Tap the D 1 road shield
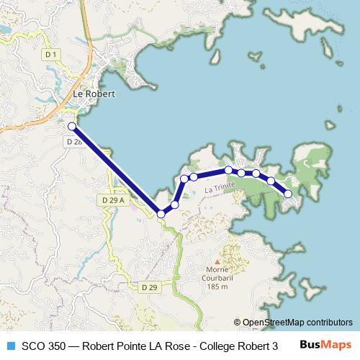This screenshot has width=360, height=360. pyautogui.click(x=50, y=54)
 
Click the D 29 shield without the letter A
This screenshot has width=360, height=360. pyautogui.click(x=149, y=287)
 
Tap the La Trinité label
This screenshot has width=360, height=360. pyautogui.click(x=219, y=189)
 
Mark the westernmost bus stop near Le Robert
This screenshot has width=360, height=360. pyautogui.click(x=71, y=127)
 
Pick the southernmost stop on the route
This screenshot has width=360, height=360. pyautogui.click(x=161, y=214)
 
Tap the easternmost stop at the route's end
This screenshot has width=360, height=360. pyautogui.click(x=289, y=194)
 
